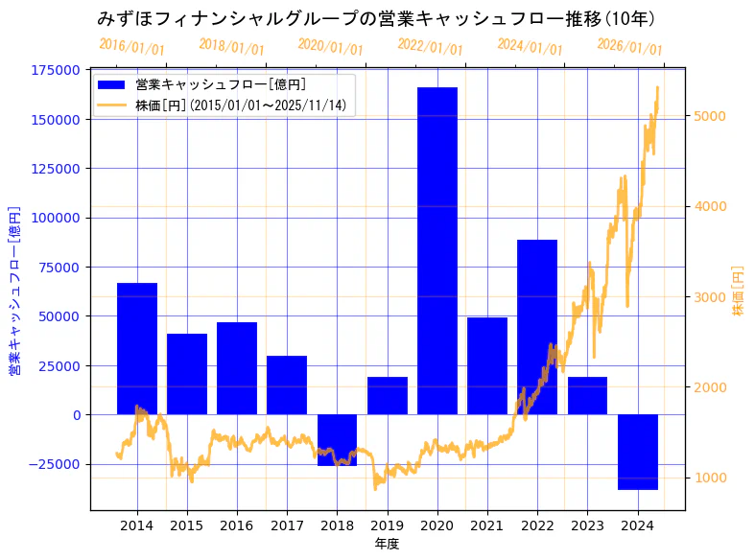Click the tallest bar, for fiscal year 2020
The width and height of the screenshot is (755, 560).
point(436,249)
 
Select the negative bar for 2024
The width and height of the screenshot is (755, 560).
point(637,452)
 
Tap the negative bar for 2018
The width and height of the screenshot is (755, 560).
point(337,440)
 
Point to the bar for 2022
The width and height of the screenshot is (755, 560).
point(536,326)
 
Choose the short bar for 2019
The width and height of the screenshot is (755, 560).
point(387,395)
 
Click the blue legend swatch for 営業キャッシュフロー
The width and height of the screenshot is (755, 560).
point(111,84)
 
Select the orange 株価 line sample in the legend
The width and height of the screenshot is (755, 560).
point(111,105)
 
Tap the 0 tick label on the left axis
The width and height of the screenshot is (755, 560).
point(77,415)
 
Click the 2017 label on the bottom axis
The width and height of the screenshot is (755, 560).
point(287,525)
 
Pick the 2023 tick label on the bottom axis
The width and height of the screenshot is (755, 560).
point(587,525)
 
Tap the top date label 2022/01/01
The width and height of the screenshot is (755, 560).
point(430,46)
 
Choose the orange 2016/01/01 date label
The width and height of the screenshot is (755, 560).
point(131,46)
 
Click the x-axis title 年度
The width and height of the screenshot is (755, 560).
point(387,544)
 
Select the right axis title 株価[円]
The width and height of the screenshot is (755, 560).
point(738,292)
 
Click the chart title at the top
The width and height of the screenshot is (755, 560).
point(376,18)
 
